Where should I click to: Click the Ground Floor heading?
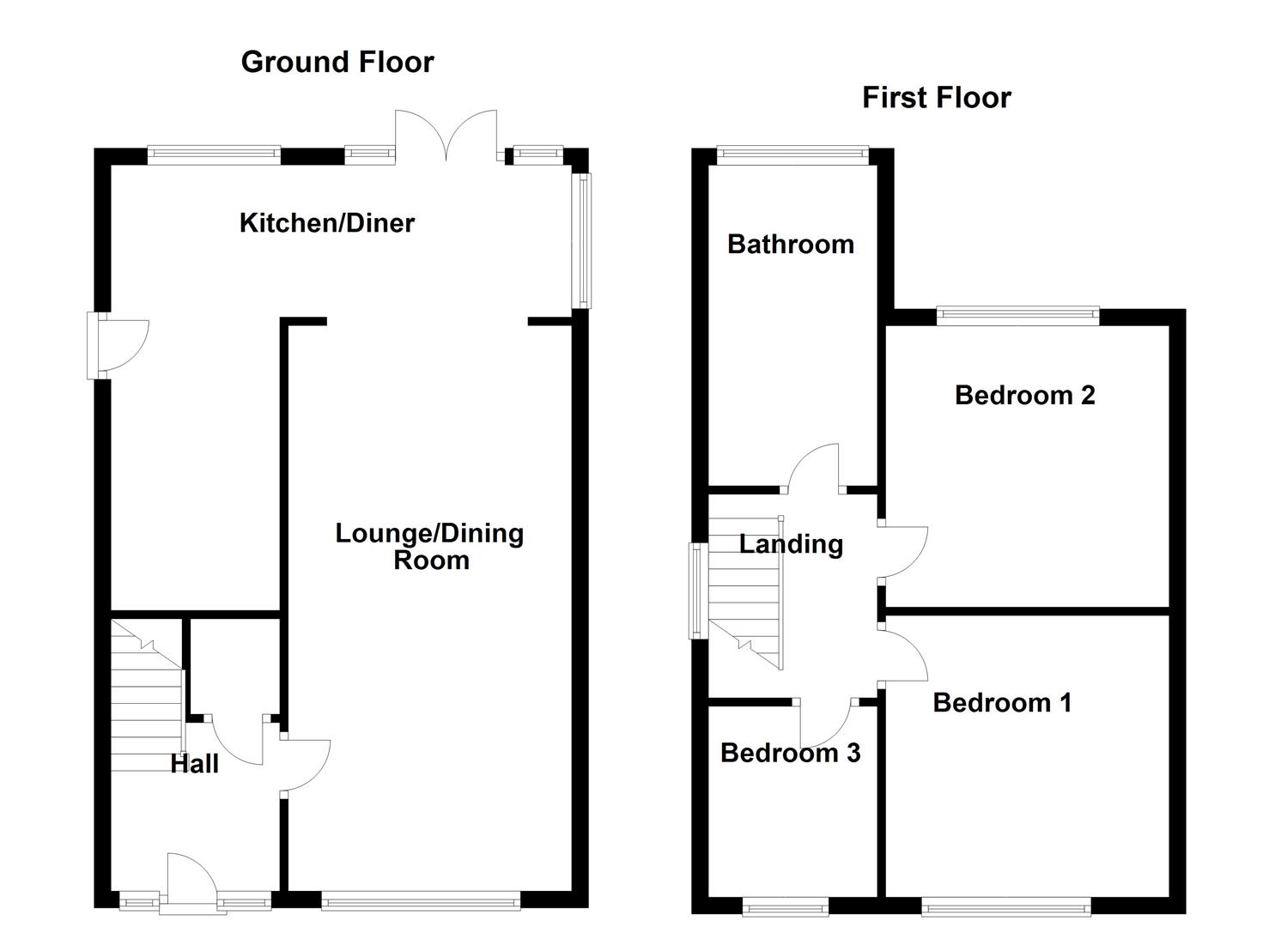point(337,62)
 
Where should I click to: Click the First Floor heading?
point(936,98)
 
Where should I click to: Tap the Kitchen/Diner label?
point(327,223)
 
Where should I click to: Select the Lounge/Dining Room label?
point(429,547)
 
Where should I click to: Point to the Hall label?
point(194,764)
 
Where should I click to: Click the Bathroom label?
point(791,245)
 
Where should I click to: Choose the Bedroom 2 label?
point(1025,396)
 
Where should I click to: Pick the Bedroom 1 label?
point(1002,703)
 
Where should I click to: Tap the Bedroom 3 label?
point(790,753)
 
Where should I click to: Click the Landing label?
point(791,544)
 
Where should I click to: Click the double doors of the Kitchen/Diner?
point(446,136)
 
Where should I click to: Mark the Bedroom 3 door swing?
point(825,725)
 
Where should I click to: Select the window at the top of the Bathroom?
point(792,154)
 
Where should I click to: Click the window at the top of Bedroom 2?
point(1017,316)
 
